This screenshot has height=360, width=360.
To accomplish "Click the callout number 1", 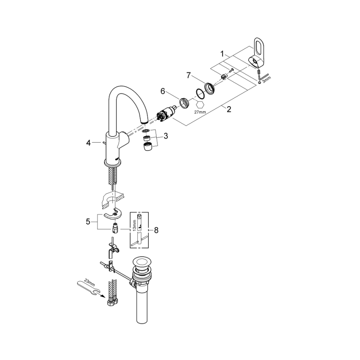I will pos(223,54).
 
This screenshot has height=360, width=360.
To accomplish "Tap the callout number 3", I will pos(165,136).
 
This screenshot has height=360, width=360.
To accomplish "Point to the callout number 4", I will pos(88,143).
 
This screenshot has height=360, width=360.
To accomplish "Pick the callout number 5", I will pos(88,221).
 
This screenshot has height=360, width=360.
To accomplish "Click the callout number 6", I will pos(163,90).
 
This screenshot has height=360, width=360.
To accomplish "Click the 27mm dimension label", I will pos(200,111).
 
